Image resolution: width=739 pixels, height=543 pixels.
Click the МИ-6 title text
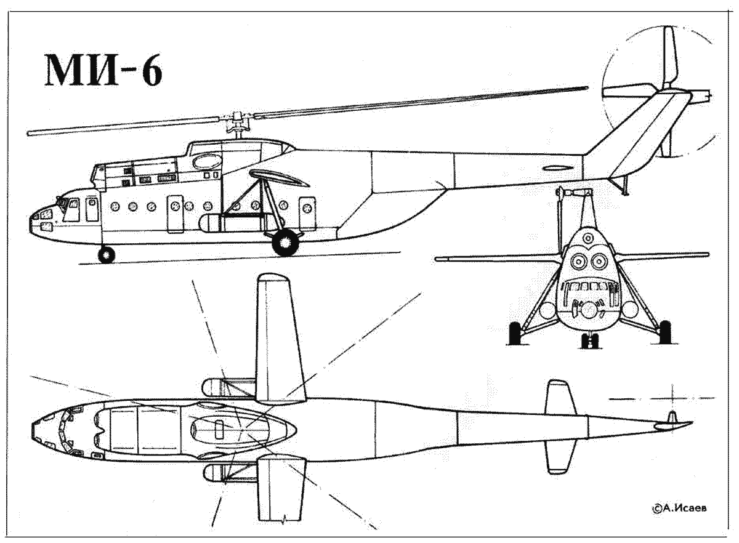coord(103,70)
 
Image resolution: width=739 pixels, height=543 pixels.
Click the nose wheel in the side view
coord(107,255)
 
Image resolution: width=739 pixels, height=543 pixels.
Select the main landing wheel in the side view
coord(285,243)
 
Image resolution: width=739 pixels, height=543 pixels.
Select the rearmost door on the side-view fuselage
coord(307,214)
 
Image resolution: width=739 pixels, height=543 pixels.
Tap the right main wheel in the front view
coord(664,332)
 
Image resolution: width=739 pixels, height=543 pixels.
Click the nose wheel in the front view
coord(589,341)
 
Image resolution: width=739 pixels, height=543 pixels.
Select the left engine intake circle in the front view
coord(578,261)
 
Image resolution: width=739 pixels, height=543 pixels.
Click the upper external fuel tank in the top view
coord(228,387)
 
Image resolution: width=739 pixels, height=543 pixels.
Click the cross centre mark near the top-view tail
coord(672,399)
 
